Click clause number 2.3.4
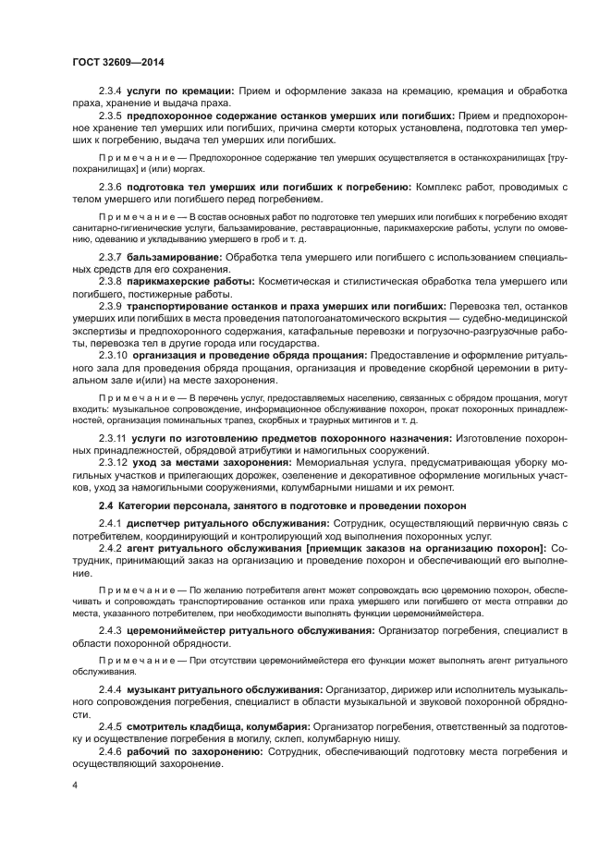(x=112, y=91)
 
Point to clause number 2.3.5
(x=112, y=116)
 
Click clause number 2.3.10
(x=114, y=354)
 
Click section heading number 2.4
(x=106, y=505)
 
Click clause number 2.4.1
(x=112, y=524)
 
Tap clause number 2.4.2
(x=112, y=548)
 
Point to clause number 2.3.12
(x=114, y=462)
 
